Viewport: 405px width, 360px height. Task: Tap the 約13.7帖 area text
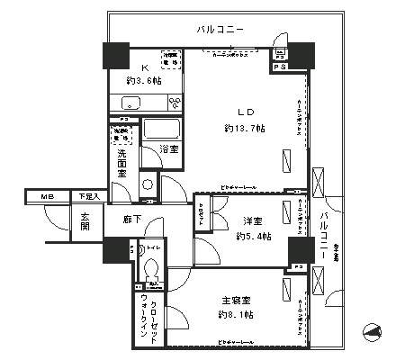[244, 129]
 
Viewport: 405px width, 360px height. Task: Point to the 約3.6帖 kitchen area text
[142, 81]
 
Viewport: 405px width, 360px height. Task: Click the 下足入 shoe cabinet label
[87, 195]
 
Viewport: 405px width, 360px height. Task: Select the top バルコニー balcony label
[220, 31]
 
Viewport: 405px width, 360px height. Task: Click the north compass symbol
[372, 334]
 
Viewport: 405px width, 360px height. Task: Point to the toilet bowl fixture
[150, 266]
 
